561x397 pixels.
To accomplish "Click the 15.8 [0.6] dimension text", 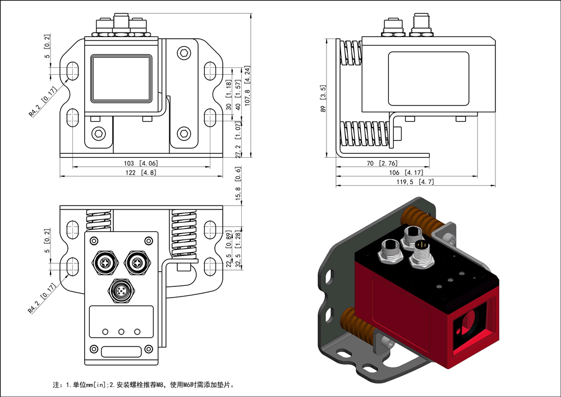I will pyautogui.click(x=238, y=192).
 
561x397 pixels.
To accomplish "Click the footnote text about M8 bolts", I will pyautogui.click(x=143, y=385).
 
